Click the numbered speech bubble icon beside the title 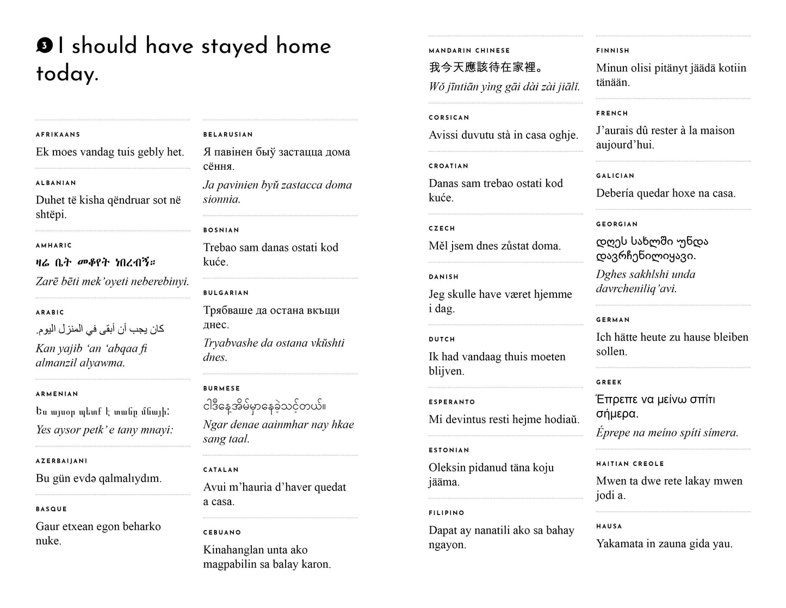point(44,46)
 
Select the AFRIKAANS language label point(58,134)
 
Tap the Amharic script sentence point(96,263)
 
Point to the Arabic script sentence point(100,329)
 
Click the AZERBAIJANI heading point(61,461)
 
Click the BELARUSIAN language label point(228,134)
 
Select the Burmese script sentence point(264,406)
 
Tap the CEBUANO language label point(222,532)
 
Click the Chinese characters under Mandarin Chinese point(485,68)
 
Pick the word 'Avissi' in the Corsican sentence point(445,135)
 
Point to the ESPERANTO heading point(451,402)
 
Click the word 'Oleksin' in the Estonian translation point(449,468)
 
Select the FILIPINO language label point(447,513)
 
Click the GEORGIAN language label point(617,224)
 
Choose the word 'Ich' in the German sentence point(605,337)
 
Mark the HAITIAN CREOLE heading point(630,464)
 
